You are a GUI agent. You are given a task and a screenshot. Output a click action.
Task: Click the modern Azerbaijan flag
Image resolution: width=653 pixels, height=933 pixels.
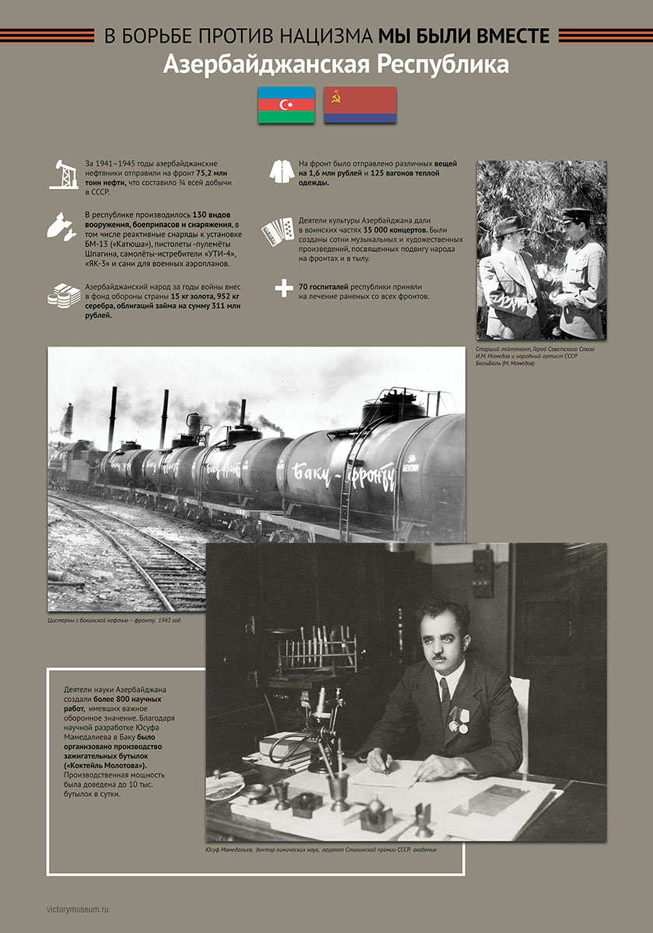tap(286, 105)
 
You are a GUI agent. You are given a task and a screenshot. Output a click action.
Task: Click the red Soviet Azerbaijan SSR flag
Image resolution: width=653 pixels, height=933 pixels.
tap(360, 105)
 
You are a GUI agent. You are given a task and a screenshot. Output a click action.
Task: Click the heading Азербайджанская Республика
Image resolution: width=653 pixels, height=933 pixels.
tap(336, 65)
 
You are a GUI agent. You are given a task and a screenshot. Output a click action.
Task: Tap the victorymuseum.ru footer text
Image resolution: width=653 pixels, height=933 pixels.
tap(79, 907)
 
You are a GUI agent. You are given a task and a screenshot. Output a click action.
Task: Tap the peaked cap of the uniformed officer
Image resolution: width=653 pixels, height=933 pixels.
tap(578, 215)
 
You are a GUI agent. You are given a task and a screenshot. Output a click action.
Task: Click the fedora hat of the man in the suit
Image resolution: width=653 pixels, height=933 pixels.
tap(512, 225)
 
